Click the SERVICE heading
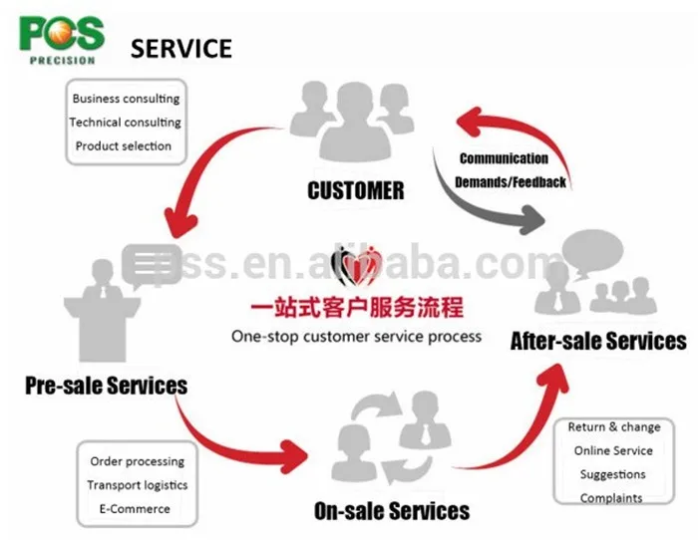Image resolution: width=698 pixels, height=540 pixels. [x=181, y=48]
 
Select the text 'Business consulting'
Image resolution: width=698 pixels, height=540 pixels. [x=126, y=99]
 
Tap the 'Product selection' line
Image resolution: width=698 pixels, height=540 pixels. [x=124, y=145]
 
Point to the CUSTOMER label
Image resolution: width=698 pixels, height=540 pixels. [x=356, y=190]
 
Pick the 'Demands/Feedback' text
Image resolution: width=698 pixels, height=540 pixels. [x=511, y=182]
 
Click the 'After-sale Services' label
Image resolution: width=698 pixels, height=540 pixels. [x=598, y=341]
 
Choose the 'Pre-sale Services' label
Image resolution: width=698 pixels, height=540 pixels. [x=106, y=385]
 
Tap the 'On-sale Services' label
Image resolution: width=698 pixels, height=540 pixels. [x=391, y=511]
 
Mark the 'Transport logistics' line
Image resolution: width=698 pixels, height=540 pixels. [x=137, y=485]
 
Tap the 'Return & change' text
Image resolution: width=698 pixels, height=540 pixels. [x=614, y=426]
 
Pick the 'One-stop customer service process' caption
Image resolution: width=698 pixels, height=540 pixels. [x=356, y=336]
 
